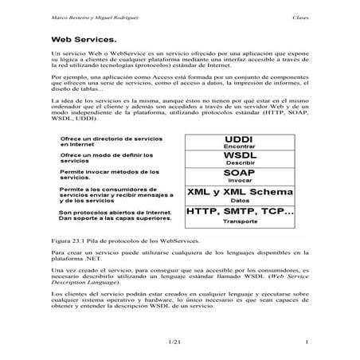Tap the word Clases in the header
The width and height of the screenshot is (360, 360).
[299, 16]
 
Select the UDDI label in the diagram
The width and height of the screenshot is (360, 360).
[239, 139]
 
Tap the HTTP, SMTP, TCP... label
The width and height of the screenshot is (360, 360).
[239, 213]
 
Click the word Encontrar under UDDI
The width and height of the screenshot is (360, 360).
[239, 147]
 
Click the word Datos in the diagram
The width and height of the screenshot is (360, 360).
[239, 201]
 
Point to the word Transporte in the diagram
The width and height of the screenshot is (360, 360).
[239, 222]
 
